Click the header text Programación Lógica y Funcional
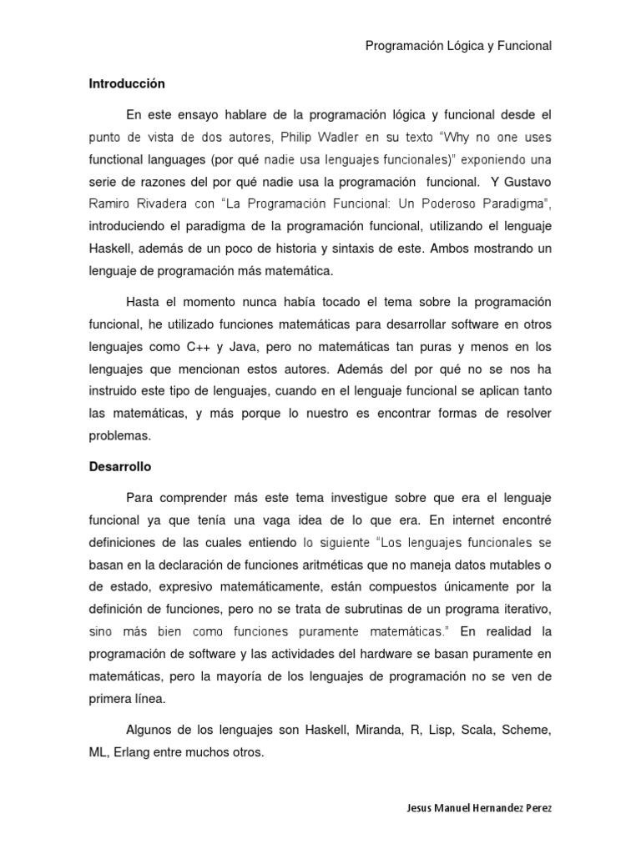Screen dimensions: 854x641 [458, 47]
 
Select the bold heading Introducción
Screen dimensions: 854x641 [127, 84]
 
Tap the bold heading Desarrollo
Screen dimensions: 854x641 [120, 467]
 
